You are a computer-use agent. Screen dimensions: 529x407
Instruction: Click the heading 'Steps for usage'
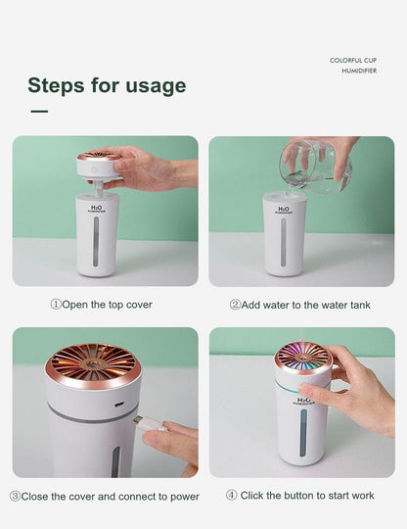click(x=106, y=85)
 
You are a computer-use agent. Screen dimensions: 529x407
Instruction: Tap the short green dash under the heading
click(x=39, y=112)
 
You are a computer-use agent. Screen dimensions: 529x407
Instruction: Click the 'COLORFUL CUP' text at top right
click(x=353, y=61)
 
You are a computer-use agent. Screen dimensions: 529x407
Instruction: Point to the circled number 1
click(x=56, y=305)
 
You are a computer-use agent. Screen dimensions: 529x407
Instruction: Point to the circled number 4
click(x=232, y=496)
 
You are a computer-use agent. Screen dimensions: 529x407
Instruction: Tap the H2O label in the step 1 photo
click(x=96, y=210)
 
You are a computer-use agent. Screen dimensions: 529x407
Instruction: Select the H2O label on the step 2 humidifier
click(x=284, y=210)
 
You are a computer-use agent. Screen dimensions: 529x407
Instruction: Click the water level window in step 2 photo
click(x=285, y=244)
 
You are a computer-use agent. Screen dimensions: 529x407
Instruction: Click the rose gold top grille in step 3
click(x=93, y=361)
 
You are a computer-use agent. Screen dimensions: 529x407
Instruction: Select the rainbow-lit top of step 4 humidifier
click(x=302, y=356)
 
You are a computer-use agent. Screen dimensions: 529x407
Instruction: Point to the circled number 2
click(x=235, y=305)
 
